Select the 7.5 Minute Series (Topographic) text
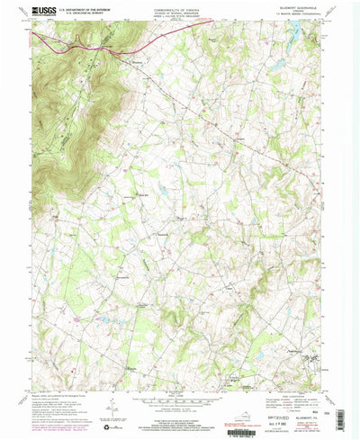click(x=299, y=18)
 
